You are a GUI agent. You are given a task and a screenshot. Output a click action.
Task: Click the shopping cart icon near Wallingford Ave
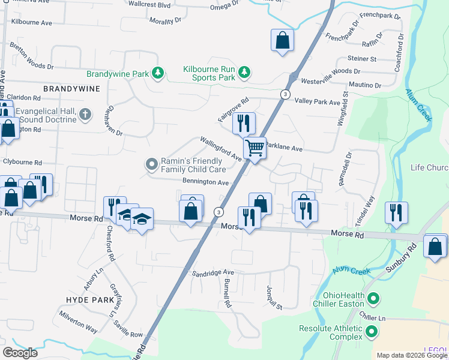pyautogui.click(x=255, y=147)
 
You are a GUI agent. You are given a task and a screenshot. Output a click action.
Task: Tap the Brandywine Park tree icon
pyautogui.click(x=158, y=73)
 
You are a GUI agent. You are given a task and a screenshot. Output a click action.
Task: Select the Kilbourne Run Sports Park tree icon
pyautogui.click(x=244, y=73)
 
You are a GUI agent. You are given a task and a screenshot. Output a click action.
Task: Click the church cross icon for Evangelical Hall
pyautogui.click(x=85, y=113)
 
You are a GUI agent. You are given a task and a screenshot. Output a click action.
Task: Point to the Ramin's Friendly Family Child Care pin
pyautogui.click(x=152, y=163)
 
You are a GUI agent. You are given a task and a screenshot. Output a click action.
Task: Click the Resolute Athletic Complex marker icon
pyautogui.click(x=372, y=331)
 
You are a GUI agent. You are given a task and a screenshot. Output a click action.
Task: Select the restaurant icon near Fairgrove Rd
pyautogui.click(x=244, y=124)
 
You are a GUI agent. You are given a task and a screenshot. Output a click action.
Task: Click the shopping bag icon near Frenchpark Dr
pyautogui.click(x=282, y=40)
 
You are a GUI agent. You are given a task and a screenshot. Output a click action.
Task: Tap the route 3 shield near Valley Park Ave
pyautogui.click(x=285, y=95)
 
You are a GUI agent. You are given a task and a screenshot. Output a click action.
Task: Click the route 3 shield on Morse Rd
pyautogui.click(x=218, y=212)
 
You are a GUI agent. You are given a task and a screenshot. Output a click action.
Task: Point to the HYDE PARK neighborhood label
pyautogui.click(x=89, y=299)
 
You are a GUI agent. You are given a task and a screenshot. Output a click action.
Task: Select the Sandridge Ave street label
pyautogui.click(x=212, y=272)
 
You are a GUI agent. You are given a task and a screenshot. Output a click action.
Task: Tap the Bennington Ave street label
pyautogui.click(x=206, y=182)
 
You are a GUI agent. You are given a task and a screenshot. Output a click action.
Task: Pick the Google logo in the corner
pyautogui.click(x=20, y=353)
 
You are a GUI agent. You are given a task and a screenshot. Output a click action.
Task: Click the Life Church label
pyautogui.click(x=429, y=167)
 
